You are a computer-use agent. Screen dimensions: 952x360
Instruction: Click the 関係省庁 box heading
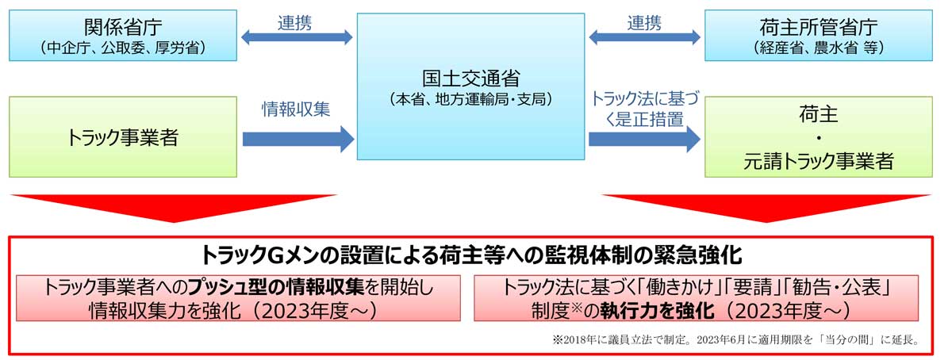(123, 28)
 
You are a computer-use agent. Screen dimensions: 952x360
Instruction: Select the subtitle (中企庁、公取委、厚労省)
(123, 48)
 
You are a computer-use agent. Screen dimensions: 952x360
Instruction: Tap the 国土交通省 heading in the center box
(471, 79)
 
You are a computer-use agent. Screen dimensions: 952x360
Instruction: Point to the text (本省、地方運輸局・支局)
(471, 99)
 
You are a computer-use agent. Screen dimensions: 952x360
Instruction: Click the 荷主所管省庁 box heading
(819, 28)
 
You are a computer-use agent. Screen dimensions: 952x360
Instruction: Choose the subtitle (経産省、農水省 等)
(819, 48)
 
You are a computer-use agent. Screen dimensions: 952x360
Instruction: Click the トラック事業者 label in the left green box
(123, 138)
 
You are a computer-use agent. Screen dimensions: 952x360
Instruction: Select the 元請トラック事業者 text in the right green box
(819, 162)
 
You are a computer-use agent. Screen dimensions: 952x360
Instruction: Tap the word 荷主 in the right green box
(819, 114)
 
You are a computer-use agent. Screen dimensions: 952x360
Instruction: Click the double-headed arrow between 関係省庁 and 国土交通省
(297, 37)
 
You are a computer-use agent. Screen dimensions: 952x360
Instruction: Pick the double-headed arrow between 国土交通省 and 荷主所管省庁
(644, 37)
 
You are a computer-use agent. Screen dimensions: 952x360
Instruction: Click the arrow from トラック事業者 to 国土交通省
(298, 139)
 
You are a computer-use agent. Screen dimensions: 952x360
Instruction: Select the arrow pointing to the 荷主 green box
(644, 139)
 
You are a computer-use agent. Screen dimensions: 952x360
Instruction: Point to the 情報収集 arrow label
(296, 109)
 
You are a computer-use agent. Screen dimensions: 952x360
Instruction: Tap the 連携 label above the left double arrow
(294, 23)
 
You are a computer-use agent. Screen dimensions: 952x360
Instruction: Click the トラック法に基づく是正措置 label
(645, 109)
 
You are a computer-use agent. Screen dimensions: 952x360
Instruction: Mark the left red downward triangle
(174, 206)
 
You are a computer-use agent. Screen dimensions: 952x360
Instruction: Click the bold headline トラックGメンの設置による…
(471, 255)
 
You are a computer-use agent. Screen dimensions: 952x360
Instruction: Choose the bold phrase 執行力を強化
(657, 311)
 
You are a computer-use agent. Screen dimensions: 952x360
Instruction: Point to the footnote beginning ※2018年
(736, 339)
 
